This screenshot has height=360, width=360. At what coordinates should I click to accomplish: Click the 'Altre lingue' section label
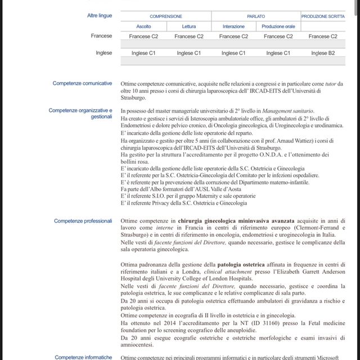click(x=100, y=16)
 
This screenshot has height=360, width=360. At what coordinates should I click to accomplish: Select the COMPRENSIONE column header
click(x=166, y=17)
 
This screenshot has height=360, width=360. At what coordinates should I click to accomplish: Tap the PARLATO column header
click(x=256, y=17)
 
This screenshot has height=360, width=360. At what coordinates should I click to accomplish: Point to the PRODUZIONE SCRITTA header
click(x=323, y=17)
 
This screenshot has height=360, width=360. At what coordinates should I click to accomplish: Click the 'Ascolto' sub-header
click(x=143, y=26)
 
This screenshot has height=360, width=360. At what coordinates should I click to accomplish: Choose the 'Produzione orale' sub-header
click(x=278, y=26)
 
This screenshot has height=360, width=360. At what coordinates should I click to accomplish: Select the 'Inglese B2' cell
click(x=323, y=53)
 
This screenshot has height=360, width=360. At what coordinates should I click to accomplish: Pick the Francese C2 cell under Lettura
click(x=189, y=37)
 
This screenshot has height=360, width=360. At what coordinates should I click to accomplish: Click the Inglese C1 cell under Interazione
click(x=233, y=53)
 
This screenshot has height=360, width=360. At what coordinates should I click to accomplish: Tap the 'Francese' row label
click(x=101, y=36)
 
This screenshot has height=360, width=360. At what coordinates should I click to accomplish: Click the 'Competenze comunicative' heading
click(x=82, y=83)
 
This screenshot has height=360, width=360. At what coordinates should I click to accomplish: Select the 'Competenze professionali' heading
click(x=83, y=221)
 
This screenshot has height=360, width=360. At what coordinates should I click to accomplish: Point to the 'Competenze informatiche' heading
click(x=83, y=357)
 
